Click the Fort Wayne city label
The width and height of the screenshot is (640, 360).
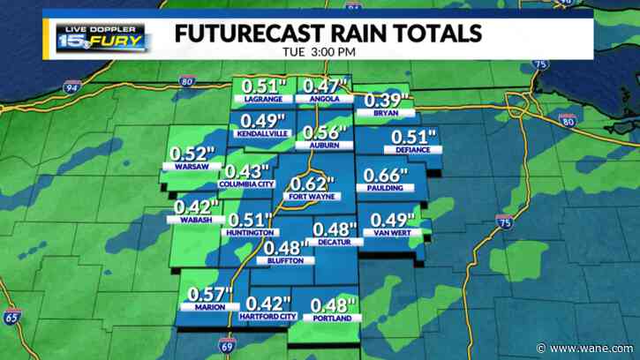click(310, 198)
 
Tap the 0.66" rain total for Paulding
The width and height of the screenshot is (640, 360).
click(381, 173)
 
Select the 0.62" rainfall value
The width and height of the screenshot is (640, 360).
click(313, 184)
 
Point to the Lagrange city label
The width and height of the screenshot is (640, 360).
click(261, 100)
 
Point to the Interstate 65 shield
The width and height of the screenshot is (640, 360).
click(12, 316)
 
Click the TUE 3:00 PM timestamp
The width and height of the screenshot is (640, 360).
click(319, 53)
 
